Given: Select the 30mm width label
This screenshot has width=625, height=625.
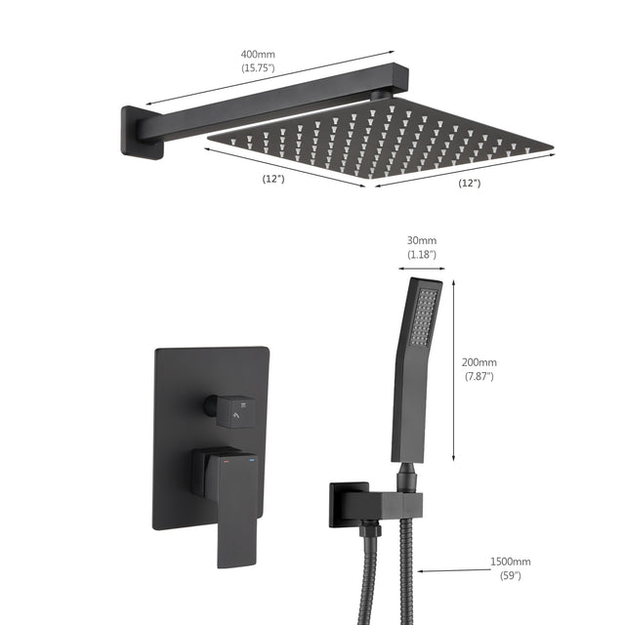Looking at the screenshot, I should tap(423, 240).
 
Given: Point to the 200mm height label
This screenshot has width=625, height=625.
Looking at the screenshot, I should tap(480, 363).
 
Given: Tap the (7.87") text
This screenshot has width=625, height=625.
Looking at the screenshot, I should tap(480, 377).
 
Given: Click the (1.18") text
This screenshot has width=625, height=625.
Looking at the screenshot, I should tap(423, 254).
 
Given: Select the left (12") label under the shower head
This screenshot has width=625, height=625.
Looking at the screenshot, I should tap(273, 178).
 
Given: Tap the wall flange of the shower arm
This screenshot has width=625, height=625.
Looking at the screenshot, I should tap(138, 133).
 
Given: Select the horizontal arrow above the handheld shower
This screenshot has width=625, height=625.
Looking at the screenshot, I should tap(422, 267).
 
